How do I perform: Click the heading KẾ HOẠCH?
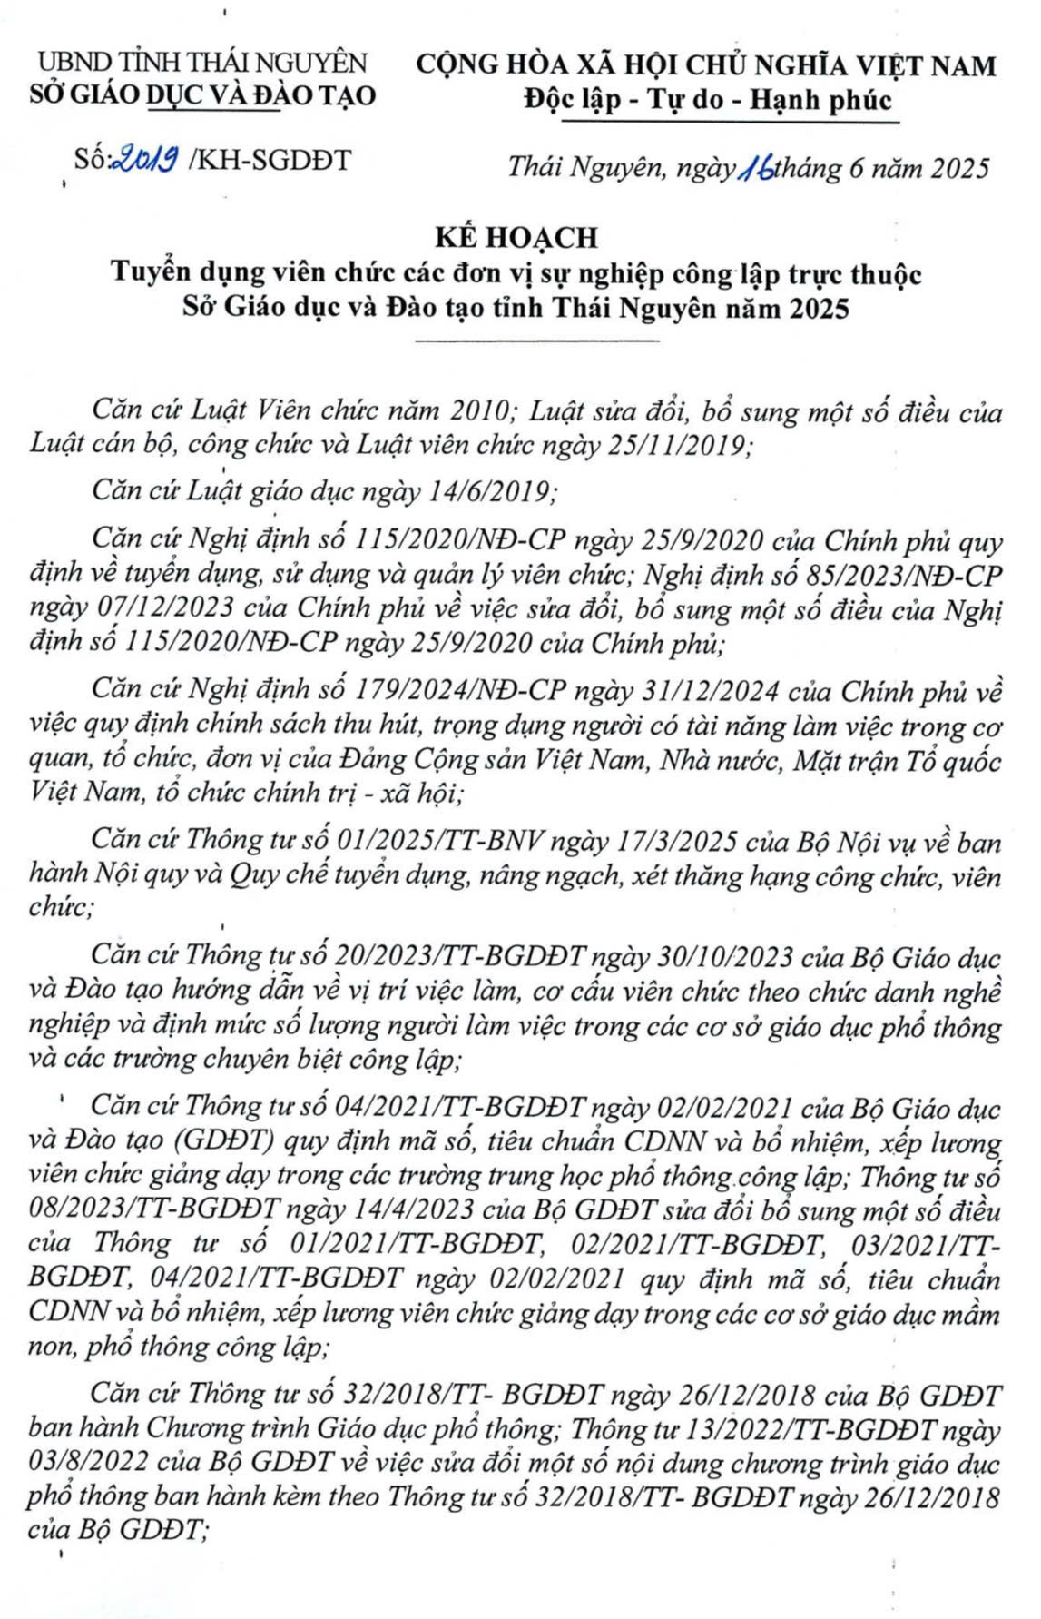[x=516, y=237]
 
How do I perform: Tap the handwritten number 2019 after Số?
[x=145, y=161]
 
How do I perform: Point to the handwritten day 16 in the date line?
[x=757, y=168]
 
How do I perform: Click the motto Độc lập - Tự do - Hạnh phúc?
[x=708, y=100]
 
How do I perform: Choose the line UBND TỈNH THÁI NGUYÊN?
[x=201, y=63]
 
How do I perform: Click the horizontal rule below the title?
[x=537, y=341]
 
